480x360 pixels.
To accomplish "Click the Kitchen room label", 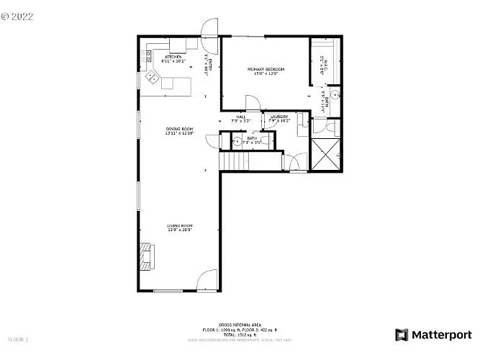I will coord(173,58).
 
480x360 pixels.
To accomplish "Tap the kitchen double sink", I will coord(153,76).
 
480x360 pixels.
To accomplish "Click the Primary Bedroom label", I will coord(266,71).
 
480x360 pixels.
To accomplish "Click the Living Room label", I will coord(179,227).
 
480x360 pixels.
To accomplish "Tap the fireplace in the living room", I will coord(147,256).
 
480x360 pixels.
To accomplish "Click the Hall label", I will coord(240,118).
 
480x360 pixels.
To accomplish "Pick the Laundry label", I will coord(279,118).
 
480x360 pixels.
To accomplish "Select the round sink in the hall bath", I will coord(237,141).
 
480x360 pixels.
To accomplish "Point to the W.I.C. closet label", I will coord(322,66).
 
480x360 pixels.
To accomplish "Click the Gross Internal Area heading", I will coord(240,325).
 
